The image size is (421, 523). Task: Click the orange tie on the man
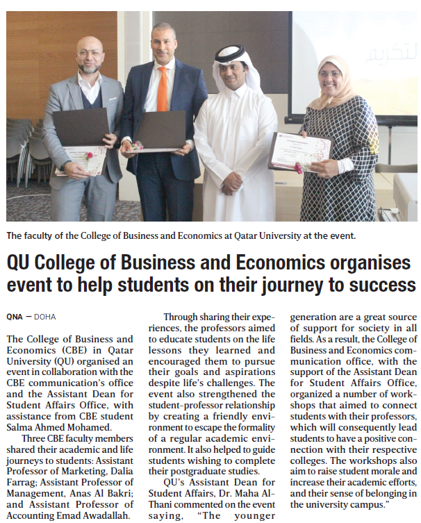pos(163,88)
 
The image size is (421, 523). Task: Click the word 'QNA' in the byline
pos(14,317)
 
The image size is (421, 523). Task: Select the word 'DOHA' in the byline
pos(45,317)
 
